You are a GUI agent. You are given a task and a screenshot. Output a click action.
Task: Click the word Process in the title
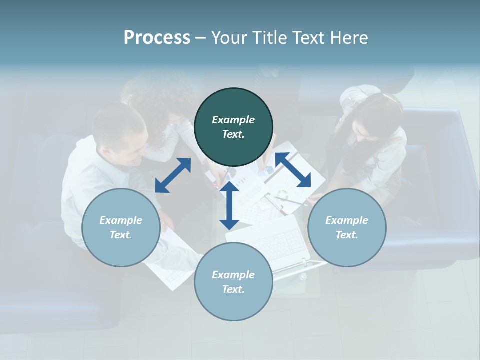[x=157, y=38]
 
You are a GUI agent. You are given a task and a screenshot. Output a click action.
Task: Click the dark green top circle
[x=233, y=127]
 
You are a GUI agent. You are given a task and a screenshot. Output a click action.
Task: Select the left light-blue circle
[x=121, y=227]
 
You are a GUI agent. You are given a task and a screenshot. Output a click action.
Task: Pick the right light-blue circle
[x=347, y=227]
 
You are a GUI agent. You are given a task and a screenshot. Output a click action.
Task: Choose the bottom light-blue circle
[x=233, y=281]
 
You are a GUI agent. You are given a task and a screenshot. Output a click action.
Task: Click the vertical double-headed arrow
[x=229, y=205]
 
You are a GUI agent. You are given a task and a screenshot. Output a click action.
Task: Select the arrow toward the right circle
[x=293, y=170]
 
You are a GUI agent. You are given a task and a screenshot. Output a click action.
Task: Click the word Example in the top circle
[x=233, y=120]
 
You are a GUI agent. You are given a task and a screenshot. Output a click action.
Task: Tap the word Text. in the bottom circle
[x=233, y=289]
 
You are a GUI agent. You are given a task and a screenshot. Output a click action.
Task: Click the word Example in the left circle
[x=121, y=220]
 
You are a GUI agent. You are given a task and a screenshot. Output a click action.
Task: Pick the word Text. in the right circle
[x=347, y=235]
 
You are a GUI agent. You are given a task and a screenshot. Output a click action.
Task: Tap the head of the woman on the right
[x=377, y=117]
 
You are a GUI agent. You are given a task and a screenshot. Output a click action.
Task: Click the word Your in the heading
[x=229, y=38]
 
